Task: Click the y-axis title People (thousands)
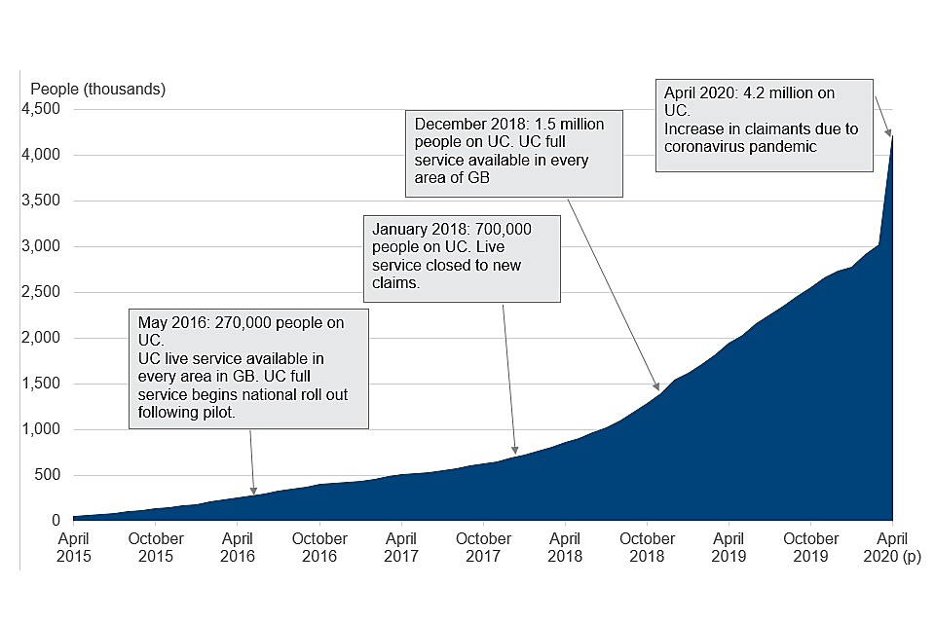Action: (98, 90)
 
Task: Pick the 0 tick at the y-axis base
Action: (56, 521)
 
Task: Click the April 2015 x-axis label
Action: (73, 547)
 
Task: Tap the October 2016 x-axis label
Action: (319, 547)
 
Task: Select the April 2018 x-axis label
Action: (565, 547)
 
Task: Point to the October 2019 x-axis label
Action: (811, 547)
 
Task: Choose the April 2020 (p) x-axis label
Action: (893, 547)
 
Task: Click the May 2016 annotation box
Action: (248, 368)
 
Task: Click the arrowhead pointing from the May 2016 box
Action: (254, 493)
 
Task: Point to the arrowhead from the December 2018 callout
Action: (659, 388)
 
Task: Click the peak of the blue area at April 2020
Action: (892, 134)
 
